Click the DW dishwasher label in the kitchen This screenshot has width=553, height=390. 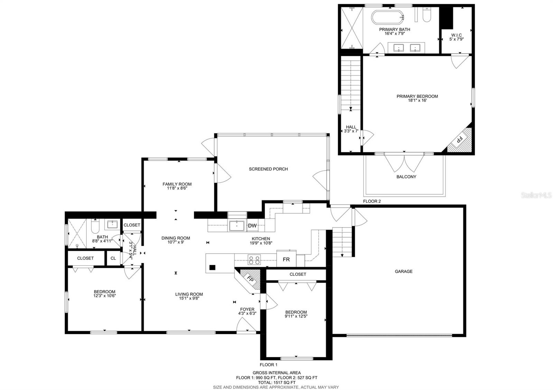coord(252,225)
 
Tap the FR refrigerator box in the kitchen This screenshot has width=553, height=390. coord(286,259)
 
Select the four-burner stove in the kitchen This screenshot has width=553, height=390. coord(254,260)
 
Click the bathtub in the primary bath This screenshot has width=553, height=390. coord(387,17)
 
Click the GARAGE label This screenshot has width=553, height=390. coord(404,271)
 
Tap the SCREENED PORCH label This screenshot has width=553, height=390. coord(268,169)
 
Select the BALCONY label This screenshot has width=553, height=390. coord(406,177)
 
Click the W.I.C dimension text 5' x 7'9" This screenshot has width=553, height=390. coord(457,39)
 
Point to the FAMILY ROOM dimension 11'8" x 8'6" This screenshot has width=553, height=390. coord(177,188)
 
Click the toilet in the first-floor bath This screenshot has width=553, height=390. coord(95,226)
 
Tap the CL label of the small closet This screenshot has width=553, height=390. coord(113,258)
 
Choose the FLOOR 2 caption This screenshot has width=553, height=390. coord(372,201)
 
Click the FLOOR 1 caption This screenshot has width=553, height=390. coord(268,364)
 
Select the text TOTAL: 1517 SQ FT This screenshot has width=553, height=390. coord(276,382)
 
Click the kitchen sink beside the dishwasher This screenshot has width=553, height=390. coord(236,226)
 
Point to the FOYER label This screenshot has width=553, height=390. coord(247,309)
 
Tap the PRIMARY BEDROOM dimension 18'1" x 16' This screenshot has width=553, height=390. coord(417,100)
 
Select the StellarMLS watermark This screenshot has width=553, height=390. coord(536,195)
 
